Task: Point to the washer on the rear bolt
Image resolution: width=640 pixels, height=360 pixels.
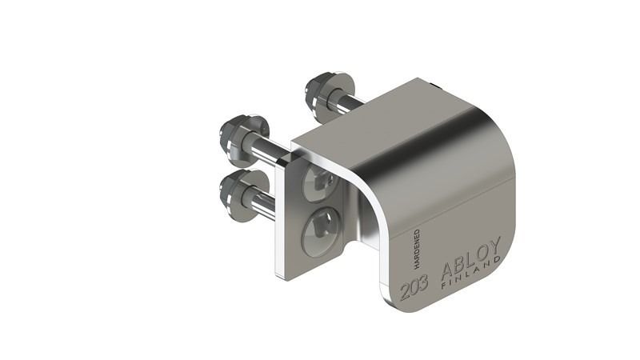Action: coord(339,90)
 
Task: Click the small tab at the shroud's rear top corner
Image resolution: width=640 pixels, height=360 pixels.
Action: coord(434,84)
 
